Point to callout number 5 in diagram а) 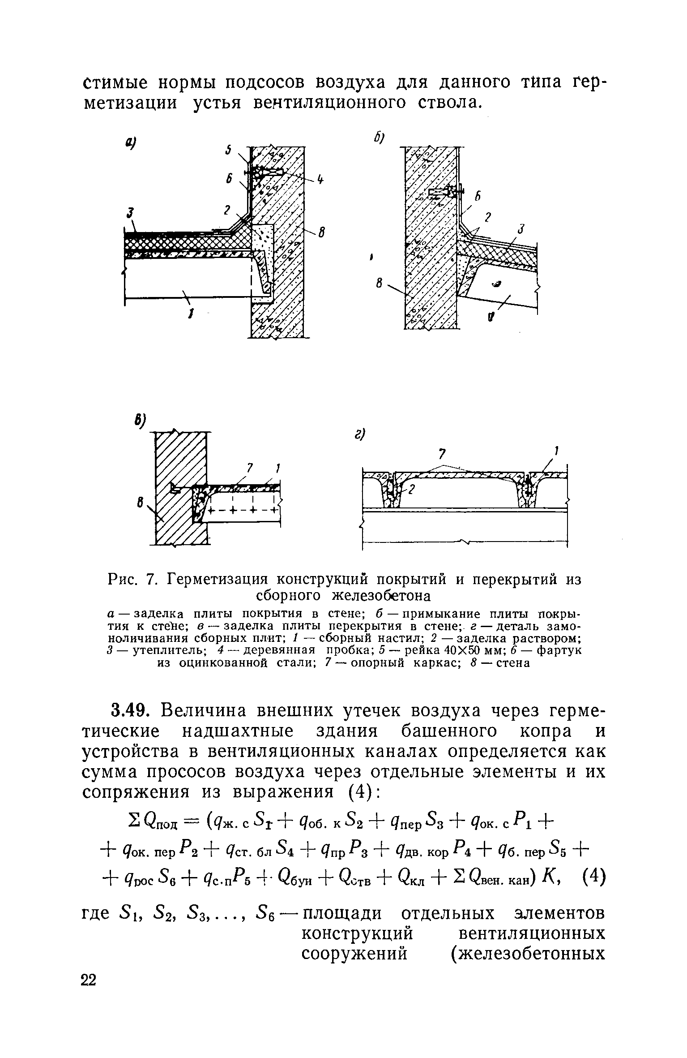pos(228,151)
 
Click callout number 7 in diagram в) pos(251,469)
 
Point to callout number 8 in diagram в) pos(141,504)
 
